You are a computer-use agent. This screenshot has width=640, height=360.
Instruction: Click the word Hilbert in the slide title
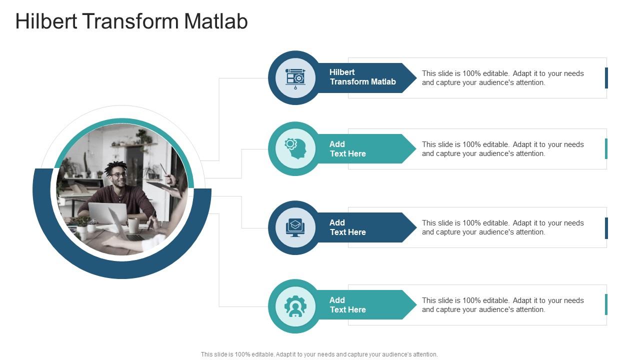[46, 22]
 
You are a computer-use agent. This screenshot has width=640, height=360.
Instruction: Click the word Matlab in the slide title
[216, 22]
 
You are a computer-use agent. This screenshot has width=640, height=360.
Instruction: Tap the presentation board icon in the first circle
[295, 78]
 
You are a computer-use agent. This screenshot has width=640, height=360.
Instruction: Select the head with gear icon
[295, 149]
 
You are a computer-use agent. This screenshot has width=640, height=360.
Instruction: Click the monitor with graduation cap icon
[295, 227]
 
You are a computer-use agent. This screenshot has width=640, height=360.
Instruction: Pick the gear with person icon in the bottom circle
[295, 306]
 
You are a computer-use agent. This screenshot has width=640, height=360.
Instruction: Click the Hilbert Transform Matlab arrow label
[362, 77]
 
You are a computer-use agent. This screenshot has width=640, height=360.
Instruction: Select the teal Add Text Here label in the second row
[348, 149]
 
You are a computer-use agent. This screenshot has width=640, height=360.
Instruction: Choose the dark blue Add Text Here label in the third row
[348, 227]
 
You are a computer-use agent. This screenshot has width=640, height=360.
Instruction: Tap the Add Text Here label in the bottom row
[348, 305]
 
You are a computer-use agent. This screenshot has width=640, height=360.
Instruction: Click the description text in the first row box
[502, 78]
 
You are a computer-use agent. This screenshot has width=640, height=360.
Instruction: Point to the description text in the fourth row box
[502, 305]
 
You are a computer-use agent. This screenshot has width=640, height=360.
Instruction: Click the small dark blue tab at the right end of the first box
[606, 78]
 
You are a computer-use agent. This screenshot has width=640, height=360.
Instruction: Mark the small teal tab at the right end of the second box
[606, 149]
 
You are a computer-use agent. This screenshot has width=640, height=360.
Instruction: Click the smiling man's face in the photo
[118, 175]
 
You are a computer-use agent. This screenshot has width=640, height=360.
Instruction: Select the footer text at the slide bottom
[319, 354]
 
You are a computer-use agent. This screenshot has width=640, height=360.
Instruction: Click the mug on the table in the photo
[133, 225]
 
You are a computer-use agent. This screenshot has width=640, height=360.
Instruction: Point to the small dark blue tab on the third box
[606, 228]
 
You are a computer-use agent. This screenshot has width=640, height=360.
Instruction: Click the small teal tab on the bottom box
[606, 304]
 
